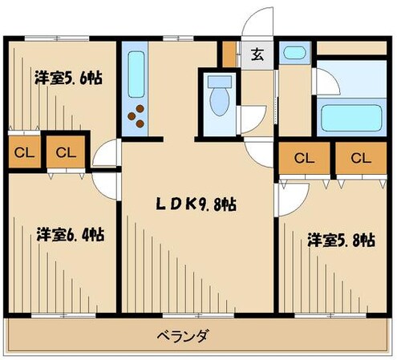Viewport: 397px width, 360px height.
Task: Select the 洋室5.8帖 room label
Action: [x=341, y=239]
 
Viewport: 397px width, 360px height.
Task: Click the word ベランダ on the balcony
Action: [x=181, y=335]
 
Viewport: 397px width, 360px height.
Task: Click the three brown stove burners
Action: [x=139, y=116]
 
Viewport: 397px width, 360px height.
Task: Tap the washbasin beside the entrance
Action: [x=294, y=54]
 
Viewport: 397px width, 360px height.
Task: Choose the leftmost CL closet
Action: [x=22, y=152]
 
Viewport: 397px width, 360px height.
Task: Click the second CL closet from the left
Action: [x=66, y=152]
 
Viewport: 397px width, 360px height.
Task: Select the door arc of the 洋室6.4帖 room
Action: [x=107, y=183]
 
